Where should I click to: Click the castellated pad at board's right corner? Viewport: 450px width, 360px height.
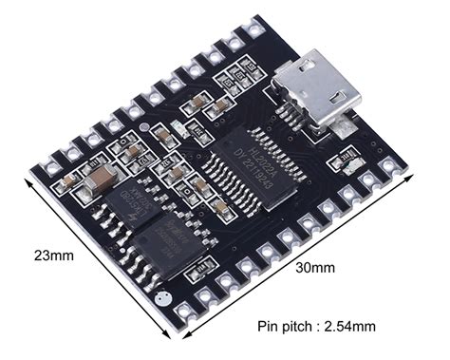406,169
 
